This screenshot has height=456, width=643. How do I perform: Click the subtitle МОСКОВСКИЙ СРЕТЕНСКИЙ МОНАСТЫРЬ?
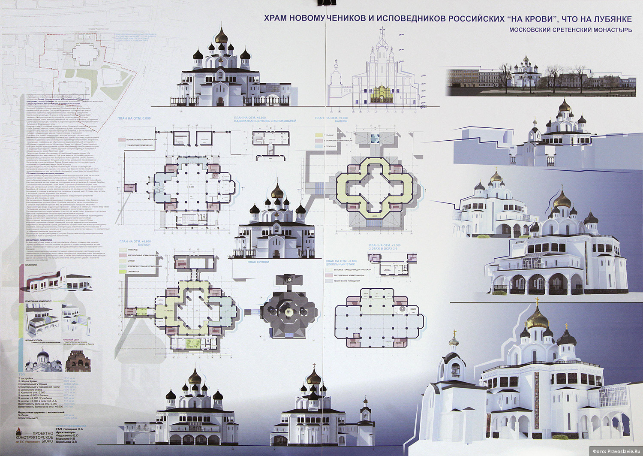[570, 30]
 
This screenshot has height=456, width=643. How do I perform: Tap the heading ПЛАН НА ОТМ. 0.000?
[134, 118]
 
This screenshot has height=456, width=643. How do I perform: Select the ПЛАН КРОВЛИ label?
[258, 262]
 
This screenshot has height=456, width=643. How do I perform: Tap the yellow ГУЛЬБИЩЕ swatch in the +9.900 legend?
[318, 135]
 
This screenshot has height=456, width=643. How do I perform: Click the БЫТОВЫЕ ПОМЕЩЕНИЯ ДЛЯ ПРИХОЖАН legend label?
[352, 269]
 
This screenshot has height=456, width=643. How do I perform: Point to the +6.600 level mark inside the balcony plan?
[169, 310]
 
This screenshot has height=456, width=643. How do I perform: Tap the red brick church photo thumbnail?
[78, 361]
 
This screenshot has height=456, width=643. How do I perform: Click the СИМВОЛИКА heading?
[33, 266]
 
